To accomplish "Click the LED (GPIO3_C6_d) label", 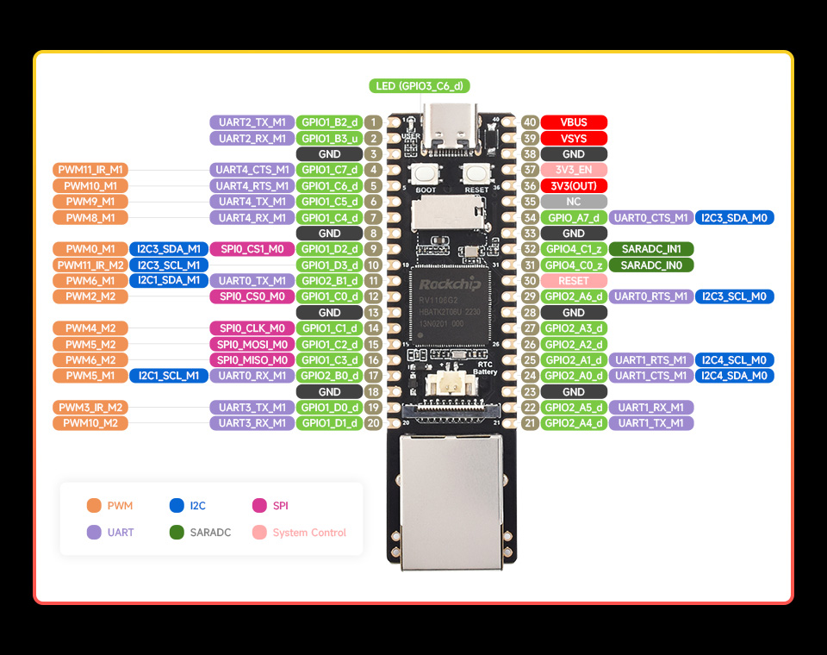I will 420,85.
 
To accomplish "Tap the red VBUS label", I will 574,122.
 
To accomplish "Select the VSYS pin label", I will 574,138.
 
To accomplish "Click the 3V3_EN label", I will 574,170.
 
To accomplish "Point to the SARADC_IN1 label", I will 651,249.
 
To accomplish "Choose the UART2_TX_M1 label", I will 252,122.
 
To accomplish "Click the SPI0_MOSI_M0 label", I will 252,344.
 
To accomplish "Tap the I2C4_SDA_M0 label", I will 734,376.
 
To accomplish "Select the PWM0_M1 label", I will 90,249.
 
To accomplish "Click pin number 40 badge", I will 530,122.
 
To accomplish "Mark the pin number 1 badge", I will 373,122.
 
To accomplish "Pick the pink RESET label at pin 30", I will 574,281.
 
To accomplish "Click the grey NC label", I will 574,202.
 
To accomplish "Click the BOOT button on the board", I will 426,172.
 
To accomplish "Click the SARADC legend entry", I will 200,533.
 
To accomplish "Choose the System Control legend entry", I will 299,533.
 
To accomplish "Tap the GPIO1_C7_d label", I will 329,170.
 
